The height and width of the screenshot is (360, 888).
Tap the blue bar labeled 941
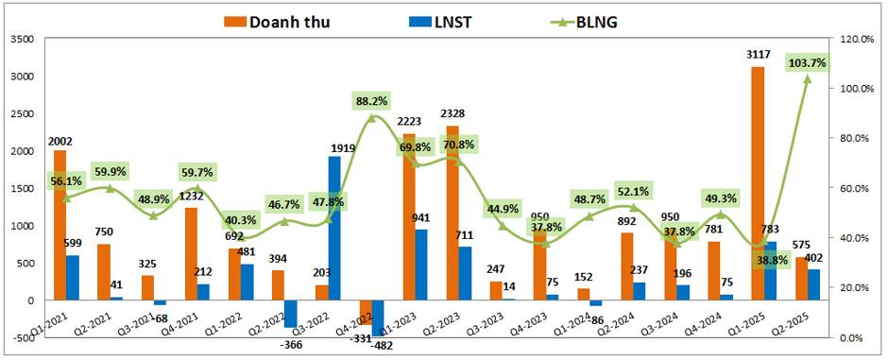click(420, 265)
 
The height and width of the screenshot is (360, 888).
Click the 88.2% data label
click(372, 100)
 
